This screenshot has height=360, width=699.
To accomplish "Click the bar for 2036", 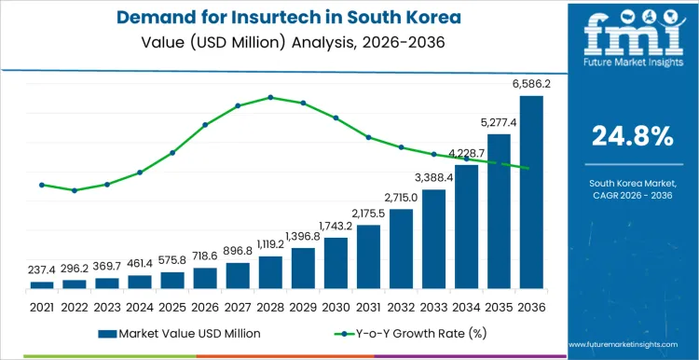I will [531, 192].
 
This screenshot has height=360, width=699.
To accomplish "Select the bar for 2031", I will [368, 256].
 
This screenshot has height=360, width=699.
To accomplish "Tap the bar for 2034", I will [466, 227].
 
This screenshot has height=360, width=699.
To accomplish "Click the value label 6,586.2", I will [531, 84].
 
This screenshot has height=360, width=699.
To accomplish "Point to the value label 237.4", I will [42, 270].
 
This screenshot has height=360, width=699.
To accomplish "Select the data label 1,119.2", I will [270, 245].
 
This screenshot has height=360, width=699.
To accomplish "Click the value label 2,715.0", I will [401, 198].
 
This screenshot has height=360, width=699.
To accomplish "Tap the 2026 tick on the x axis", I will [205, 305].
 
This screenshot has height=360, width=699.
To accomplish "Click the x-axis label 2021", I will [42, 305].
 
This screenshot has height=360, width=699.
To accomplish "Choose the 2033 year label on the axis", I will [433, 305].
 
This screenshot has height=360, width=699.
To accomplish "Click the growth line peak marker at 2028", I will [270, 97].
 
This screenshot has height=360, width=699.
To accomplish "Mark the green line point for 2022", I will [75, 190].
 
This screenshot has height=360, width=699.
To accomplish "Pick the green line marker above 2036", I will [531, 169].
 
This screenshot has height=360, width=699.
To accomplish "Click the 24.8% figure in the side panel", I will [632, 136].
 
